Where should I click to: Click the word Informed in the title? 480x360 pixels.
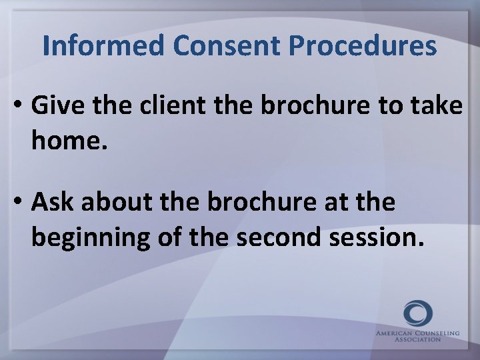click(x=103, y=46)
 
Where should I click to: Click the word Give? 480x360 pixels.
click(x=56, y=106)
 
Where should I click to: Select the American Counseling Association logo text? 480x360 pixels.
click(x=417, y=335)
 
